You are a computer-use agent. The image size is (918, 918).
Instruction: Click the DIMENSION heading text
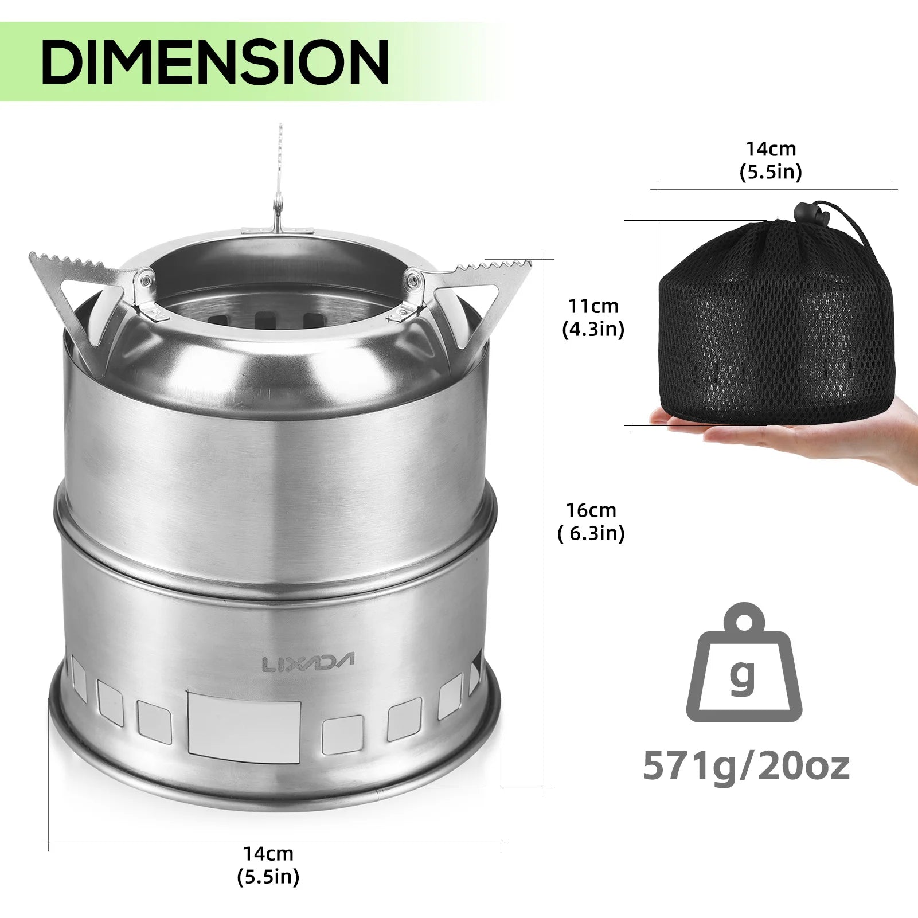(215, 62)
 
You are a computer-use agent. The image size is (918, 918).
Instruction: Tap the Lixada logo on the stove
(308, 662)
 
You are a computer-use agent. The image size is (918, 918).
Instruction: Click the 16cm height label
(591, 510)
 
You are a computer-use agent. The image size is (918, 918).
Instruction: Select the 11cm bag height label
(593, 306)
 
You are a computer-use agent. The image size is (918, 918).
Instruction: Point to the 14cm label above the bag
(771, 149)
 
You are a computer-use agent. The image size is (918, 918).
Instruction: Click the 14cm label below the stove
(268, 853)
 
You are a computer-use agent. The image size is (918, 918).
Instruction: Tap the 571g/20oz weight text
(745, 765)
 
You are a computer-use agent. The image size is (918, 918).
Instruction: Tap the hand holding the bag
(831, 430)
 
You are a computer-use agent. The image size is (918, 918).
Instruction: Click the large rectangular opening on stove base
(244, 728)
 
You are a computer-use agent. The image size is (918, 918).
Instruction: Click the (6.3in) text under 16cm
(591, 534)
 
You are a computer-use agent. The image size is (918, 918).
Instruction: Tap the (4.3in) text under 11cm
(593, 330)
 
